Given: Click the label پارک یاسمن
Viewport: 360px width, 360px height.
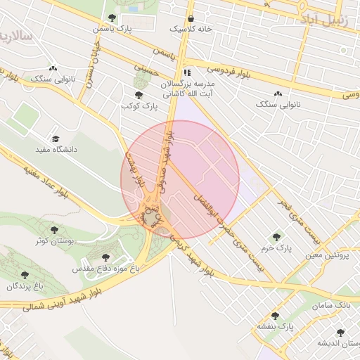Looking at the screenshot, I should click(112, 29).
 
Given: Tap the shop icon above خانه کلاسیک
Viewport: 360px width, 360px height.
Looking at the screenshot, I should click(191, 18).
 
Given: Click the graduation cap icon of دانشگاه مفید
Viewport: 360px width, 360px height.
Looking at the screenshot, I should click(56, 139).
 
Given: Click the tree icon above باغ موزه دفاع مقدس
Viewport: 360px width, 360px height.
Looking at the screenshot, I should click(106, 257).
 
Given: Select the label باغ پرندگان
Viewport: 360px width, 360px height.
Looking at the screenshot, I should click(25, 286).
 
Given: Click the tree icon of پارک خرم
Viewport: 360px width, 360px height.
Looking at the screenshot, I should click(276, 237).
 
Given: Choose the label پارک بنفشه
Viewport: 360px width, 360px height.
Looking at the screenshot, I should click(274, 327).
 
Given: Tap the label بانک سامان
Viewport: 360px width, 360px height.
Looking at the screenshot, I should click(333, 307).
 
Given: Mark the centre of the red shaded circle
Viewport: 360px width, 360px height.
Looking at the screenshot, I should click(180, 179).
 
